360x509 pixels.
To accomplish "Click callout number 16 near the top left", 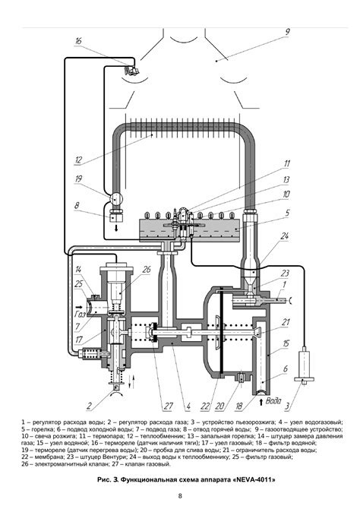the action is click(x=78, y=41).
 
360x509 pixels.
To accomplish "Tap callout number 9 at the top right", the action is click(x=287, y=32).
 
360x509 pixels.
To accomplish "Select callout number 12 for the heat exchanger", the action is click(x=78, y=160).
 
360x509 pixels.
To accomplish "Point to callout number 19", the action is click(x=78, y=179).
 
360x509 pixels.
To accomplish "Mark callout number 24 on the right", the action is click(x=284, y=236).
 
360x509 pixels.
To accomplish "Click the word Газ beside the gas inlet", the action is click(x=81, y=314).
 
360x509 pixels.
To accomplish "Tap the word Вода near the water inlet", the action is click(x=273, y=400).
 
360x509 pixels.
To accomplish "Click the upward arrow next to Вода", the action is click(x=261, y=402).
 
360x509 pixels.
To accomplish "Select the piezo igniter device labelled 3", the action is click(x=304, y=366).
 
